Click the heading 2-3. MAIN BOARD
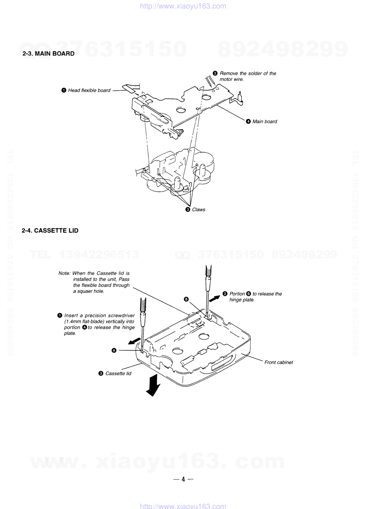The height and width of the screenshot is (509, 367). point(48,54)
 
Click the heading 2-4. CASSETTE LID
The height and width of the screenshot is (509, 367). point(50,231)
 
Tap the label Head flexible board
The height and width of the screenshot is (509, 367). point(89,90)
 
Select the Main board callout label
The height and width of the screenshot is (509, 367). point(265,121)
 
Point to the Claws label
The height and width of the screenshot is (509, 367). point(199,210)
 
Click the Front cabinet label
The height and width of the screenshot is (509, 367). point(279,362)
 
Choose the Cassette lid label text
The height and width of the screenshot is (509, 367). point(118,374)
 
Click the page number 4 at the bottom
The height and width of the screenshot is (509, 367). point(183,479)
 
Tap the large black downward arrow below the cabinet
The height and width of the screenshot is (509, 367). point(153,385)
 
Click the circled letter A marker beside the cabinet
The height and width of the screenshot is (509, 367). point(114,350)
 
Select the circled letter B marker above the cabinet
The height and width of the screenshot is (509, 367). point(186,299)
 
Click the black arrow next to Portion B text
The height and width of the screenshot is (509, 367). point(215,298)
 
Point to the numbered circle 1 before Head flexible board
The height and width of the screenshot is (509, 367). point(64,90)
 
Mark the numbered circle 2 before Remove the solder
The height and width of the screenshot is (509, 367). point(215,73)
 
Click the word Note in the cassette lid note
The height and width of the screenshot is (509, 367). point(64,273)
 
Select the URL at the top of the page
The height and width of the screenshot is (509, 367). point(183,6)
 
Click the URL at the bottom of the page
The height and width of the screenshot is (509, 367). point(183,506)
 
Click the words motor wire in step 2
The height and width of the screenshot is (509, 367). point(232,79)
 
